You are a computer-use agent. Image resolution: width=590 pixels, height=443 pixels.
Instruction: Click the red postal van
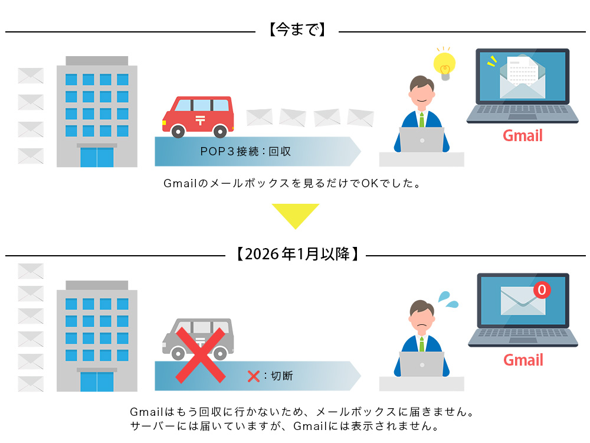[x=198, y=115]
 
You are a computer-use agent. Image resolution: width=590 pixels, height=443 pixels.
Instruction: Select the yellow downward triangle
[x=295, y=215]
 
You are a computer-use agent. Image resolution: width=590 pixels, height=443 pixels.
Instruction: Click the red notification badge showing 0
[x=541, y=290]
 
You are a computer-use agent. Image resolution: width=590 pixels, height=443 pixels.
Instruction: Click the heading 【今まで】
[x=297, y=30]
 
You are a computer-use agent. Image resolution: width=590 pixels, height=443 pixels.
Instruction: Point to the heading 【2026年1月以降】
[x=296, y=255]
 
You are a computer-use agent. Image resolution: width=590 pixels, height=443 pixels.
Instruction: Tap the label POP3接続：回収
[x=245, y=152]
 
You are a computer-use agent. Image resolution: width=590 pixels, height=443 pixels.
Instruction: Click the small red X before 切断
[x=254, y=376]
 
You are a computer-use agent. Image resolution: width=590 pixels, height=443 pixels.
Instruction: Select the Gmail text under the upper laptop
[x=522, y=136]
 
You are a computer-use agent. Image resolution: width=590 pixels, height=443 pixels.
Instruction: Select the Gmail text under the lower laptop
[x=523, y=360]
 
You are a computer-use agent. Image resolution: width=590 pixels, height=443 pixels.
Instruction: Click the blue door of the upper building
[x=97, y=157]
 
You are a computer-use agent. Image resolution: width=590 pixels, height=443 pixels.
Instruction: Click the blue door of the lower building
[x=97, y=382]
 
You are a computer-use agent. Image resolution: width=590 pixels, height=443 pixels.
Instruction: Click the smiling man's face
[x=421, y=95]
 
